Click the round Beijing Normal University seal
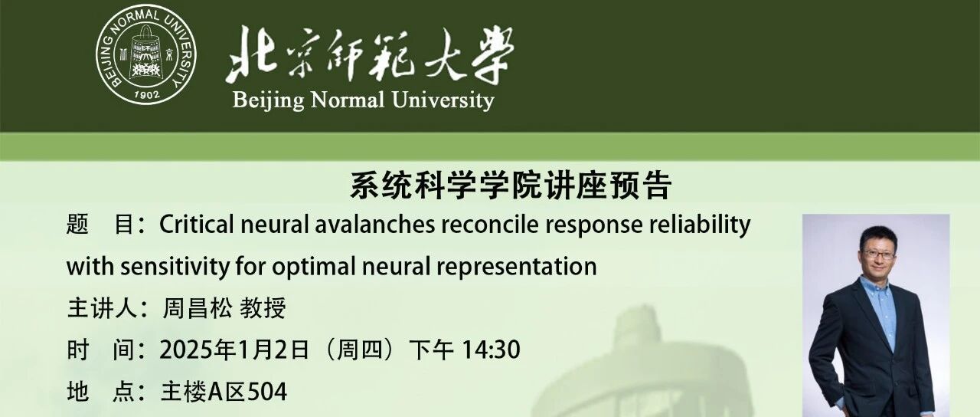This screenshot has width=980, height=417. coord(146,55)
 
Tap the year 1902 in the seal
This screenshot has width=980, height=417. coord(146,94)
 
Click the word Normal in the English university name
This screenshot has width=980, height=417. coord(347,100)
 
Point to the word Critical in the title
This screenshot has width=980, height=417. coord(197,225)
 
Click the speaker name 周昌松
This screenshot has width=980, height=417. coord(198,308)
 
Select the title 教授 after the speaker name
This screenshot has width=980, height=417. coord(263,308)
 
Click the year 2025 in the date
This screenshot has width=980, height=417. coord(187,350)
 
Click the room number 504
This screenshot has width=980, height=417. coord(267,392)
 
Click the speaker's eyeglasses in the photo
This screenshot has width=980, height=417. coord(878,254)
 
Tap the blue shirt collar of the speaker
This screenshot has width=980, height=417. coord(875,284)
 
